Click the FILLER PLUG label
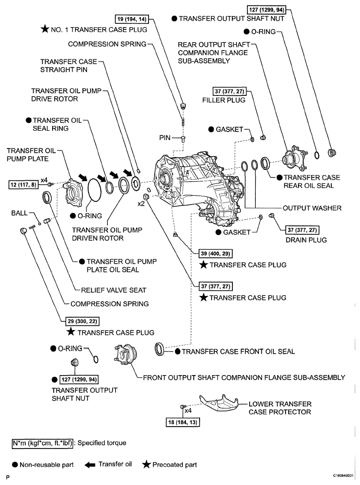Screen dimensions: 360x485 pos(224,100)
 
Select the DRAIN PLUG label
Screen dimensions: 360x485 pos(306,240)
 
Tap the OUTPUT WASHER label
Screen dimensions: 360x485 pos(312,208)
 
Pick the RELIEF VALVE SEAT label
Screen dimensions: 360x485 pos(114,290)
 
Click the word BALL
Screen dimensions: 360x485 pos(19,213)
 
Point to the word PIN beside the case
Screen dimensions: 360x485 pos(165,138)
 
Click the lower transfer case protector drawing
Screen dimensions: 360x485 pos(219,403)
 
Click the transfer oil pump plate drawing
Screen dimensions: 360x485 pos(73,193)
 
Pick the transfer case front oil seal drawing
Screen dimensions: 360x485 pos(159,349)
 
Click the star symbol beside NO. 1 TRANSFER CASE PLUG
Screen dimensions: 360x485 pos(45,29)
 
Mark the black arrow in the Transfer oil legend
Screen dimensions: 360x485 pos(90,465)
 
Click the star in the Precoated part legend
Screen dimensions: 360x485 pos(146,464)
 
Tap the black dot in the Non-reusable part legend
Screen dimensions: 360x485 pos(15,465)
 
